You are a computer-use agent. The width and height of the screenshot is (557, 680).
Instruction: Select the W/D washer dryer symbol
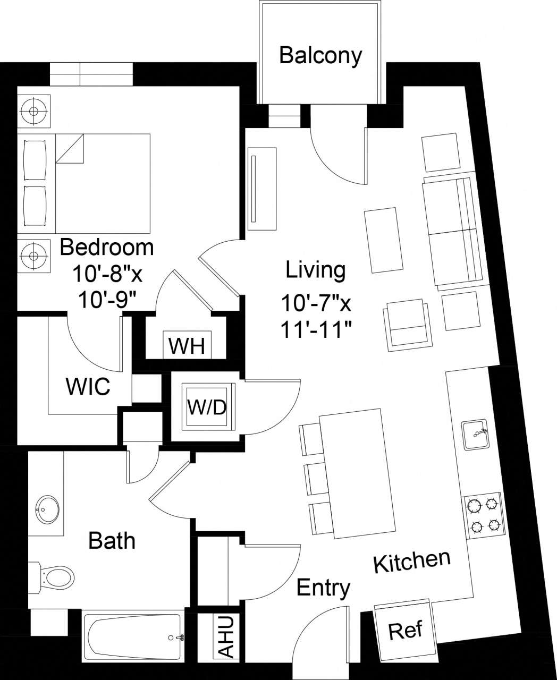(x=207, y=407)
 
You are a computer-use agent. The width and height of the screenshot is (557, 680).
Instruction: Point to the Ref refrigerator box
(x=406, y=630)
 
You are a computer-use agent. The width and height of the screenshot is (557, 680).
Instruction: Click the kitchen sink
(x=474, y=435)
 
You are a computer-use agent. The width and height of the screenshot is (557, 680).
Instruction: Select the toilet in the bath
(x=53, y=576)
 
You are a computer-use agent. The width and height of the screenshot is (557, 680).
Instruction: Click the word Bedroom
(x=106, y=247)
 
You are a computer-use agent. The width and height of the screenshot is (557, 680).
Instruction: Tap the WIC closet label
(x=88, y=386)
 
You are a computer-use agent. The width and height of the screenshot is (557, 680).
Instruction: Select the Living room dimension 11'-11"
(x=317, y=329)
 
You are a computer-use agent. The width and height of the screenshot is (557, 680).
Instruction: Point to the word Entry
(x=323, y=588)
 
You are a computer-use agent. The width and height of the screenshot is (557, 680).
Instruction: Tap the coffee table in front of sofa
(x=382, y=240)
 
